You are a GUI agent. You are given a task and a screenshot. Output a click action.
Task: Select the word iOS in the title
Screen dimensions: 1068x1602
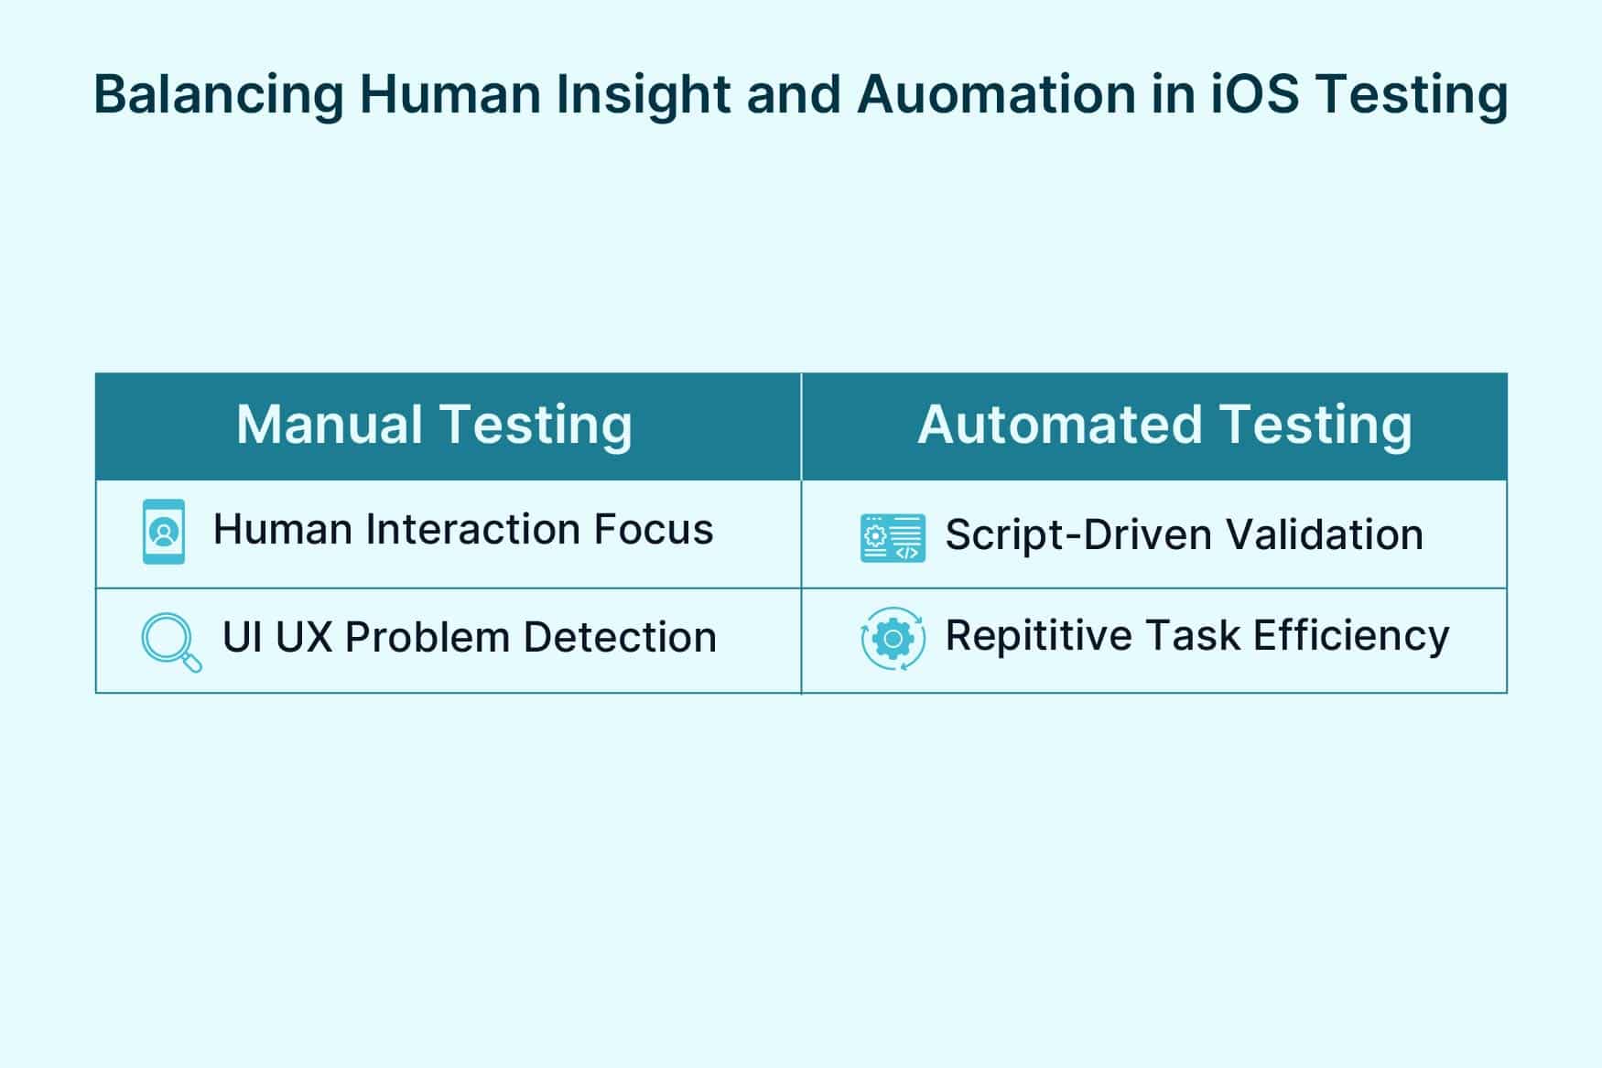(x=1255, y=94)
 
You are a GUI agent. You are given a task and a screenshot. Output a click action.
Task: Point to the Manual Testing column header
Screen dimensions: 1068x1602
(x=434, y=426)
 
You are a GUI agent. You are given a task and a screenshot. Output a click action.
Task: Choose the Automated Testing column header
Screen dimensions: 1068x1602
(x=1164, y=426)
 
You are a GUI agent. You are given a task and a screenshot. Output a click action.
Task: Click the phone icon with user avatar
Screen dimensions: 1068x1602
(x=164, y=532)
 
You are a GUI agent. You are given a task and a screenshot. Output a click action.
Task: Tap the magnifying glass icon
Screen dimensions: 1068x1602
(x=170, y=642)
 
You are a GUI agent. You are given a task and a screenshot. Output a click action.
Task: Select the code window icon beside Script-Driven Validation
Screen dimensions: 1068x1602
(x=893, y=537)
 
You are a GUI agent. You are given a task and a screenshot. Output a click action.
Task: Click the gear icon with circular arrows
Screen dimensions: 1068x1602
(x=893, y=638)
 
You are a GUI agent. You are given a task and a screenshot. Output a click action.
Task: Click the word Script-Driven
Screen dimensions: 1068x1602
(x=1077, y=535)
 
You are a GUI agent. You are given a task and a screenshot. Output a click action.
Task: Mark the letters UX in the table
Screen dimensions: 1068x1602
(x=304, y=638)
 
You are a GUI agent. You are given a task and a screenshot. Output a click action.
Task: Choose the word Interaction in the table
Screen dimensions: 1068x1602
(x=472, y=530)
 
